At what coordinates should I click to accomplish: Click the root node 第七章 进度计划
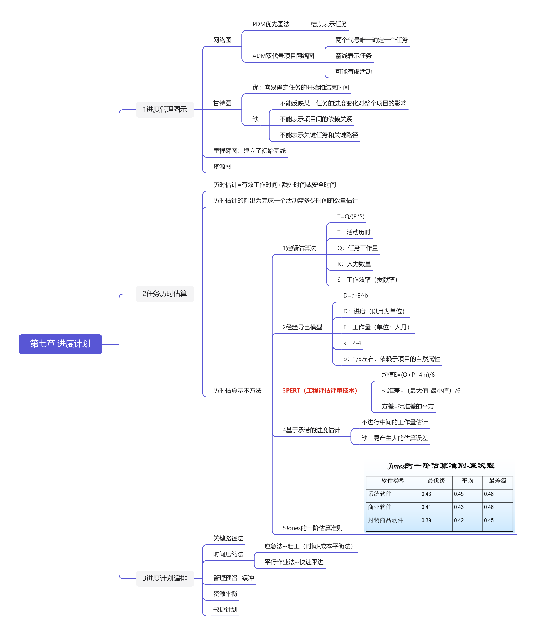point(60,344)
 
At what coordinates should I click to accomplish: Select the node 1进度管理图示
point(165,109)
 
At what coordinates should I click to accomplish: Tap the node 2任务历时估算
point(165,294)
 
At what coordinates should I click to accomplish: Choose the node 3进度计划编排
point(165,578)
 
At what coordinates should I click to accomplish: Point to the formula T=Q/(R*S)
point(351,216)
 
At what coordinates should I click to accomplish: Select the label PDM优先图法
point(271,24)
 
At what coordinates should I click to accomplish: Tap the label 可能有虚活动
point(353,72)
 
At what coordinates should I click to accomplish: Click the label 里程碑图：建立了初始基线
point(249,151)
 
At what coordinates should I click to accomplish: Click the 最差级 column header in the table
point(497,481)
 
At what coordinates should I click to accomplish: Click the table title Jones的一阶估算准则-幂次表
point(441,466)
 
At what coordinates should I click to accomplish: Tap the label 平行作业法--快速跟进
point(294,562)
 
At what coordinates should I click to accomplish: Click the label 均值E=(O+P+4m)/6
point(408,375)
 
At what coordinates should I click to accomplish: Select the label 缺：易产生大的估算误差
point(394,438)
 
